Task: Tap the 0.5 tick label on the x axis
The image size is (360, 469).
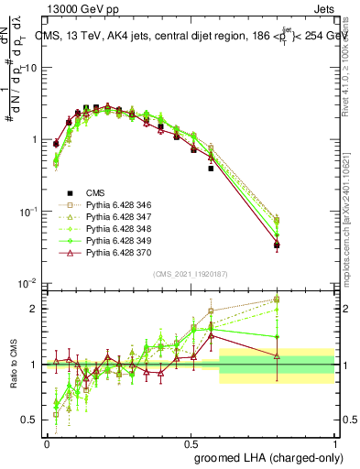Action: pyautogui.click(x=191, y=443)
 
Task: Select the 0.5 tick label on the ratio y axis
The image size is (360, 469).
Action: pyautogui.click(x=30, y=420)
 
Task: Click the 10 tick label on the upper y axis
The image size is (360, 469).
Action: pyautogui.click(x=30, y=69)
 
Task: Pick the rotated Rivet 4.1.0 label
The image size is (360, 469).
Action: pyautogui.click(x=351, y=64)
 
